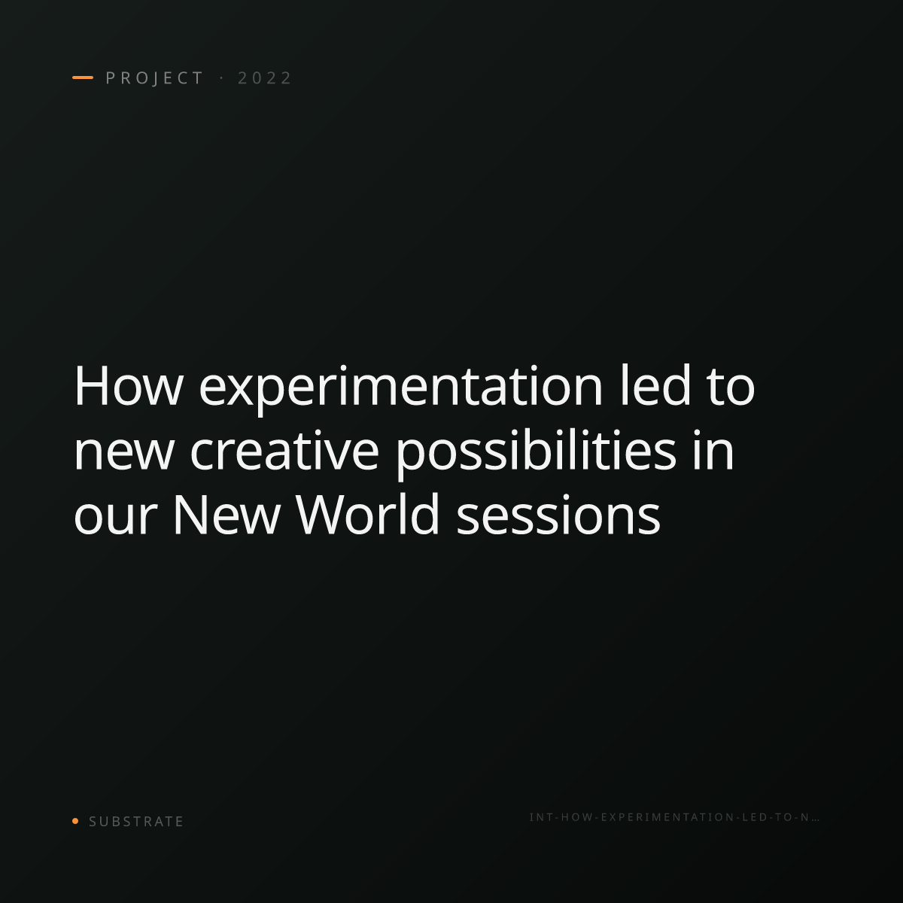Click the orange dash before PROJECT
[x=83, y=78]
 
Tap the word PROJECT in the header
[x=154, y=78]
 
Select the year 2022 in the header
[x=264, y=78]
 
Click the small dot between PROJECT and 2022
[x=221, y=78]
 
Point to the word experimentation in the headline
[x=400, y=389]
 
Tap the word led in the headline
[x=655, y=385]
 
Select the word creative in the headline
[x=284, y=449]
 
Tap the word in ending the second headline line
[x=713, y=449]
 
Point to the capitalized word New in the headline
[x=227, y=514]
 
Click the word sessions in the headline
[x=558, y=515]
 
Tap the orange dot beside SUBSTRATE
[x=75, y=820]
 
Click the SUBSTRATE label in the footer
[x=136, y=821]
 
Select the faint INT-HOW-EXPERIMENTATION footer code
[x=674, y=817]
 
